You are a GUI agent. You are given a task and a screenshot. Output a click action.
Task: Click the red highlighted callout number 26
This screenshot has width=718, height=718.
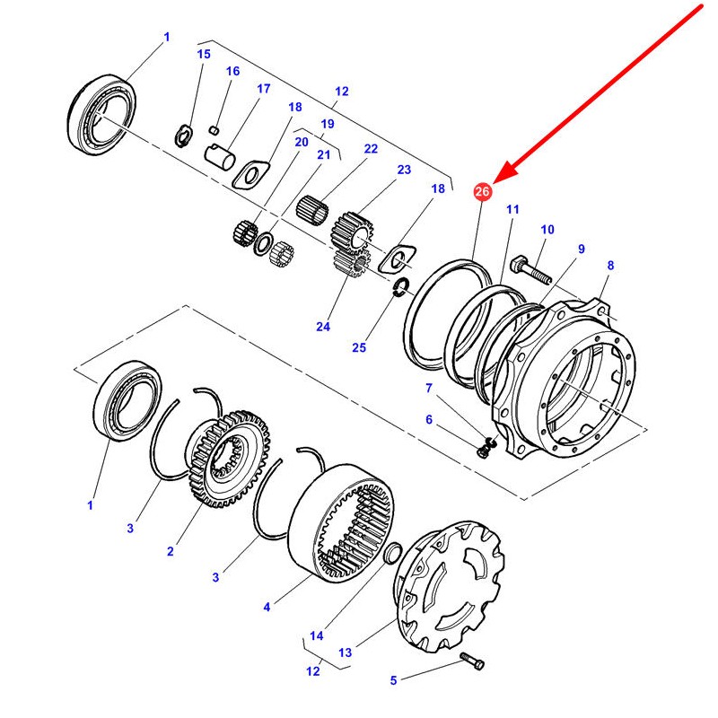click(482, 191)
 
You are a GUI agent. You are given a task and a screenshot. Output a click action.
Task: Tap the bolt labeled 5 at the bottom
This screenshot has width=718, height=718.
click(473, 662)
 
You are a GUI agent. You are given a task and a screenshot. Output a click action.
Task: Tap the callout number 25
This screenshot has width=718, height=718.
click(359, 347)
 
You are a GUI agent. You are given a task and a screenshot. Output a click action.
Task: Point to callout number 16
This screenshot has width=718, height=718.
click(232, 71)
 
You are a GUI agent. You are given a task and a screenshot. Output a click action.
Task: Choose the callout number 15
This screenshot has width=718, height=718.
click(204, 54)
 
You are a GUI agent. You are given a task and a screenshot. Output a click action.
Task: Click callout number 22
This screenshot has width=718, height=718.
click(371, 149)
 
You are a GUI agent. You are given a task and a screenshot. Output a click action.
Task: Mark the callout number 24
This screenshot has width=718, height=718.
click(323, 327)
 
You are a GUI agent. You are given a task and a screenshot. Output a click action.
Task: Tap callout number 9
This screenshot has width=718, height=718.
click(581, 249)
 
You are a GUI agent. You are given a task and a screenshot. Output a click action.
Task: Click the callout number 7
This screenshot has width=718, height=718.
click(428, 388)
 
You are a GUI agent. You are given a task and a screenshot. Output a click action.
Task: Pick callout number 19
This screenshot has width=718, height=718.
click(327, 124)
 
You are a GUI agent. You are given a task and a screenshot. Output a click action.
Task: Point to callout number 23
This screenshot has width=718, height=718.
click(404, 170)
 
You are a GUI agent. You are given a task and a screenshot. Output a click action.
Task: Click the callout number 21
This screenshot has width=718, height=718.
click(323, 155)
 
